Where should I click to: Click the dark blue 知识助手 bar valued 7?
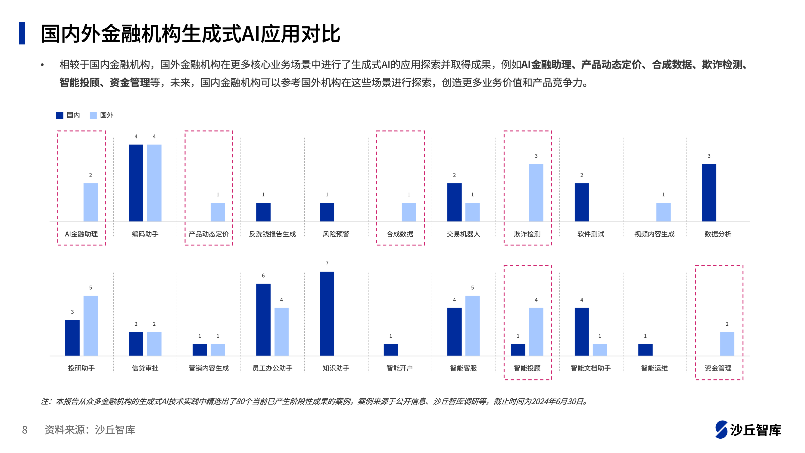point(327,313)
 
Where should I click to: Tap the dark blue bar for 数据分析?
point(709,193)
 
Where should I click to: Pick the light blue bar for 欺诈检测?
point(536,193)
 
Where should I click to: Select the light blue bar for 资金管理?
point(727,344)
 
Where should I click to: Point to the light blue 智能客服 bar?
point(472,325)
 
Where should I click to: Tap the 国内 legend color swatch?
point(60,115)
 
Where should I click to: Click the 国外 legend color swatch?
point(93,115)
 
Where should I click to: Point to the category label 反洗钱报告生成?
point(272,234)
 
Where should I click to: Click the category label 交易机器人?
point(463,234)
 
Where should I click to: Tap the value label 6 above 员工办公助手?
point(263,275)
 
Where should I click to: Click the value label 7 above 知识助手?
point(327,264)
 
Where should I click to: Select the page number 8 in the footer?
point(25,430)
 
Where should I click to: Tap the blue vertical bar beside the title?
point(22,33)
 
